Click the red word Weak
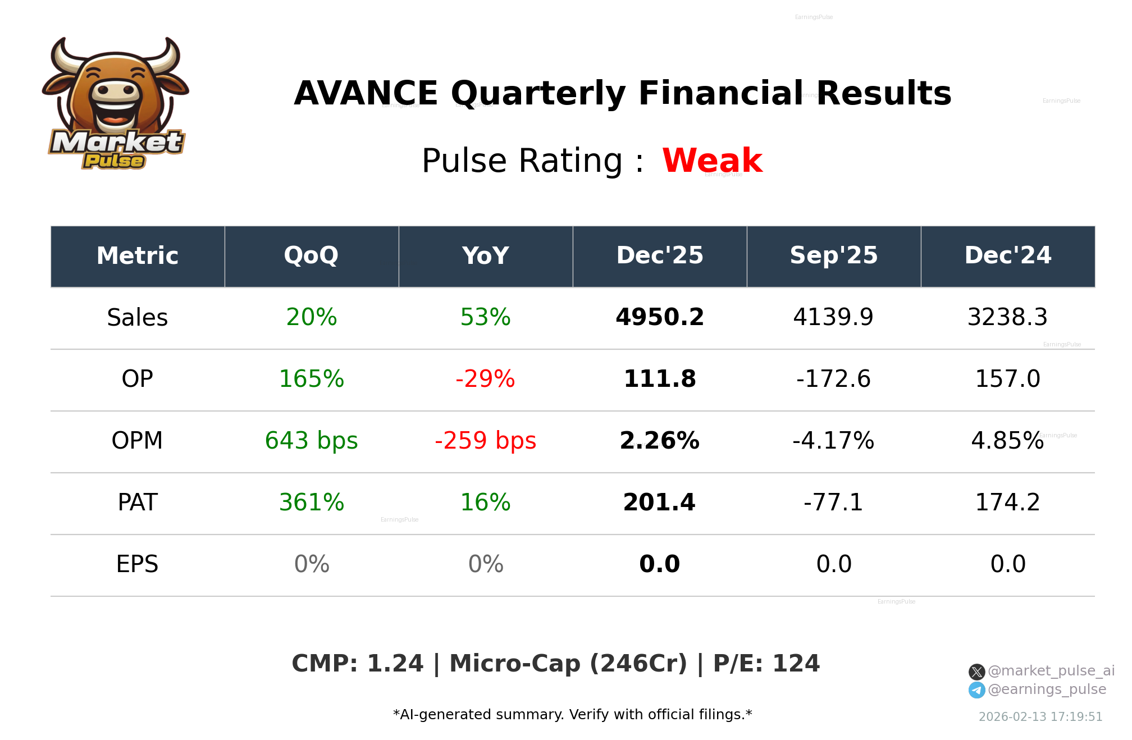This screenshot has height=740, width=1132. point(712,161)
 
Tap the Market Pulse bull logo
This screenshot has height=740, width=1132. point(116,104)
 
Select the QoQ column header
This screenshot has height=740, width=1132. point(311,256)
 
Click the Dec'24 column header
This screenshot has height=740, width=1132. point(1007,256)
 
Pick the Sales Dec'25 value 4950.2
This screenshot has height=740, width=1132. point(659,317)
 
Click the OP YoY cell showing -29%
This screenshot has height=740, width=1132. point(485,379)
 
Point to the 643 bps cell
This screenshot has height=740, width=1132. point(311,441)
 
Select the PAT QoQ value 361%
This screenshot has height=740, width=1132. point(311,503)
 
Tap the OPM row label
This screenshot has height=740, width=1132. point(137,441)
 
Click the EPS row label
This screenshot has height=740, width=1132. point(137,564)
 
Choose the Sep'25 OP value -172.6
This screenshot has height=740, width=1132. point(833,379)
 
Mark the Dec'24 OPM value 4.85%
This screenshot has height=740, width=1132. point(1007,441)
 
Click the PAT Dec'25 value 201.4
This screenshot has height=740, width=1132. point(659,503)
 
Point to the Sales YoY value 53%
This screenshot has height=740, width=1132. point(485,317)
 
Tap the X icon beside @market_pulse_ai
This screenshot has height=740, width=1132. point(976,672)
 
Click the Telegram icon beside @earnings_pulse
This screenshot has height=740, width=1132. point(976,690)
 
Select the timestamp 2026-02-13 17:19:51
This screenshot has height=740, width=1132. point(1040,717)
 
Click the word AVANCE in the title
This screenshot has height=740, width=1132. point(366,93)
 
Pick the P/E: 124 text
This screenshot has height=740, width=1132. point(766,664)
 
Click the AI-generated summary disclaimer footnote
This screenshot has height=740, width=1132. point(572,715)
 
